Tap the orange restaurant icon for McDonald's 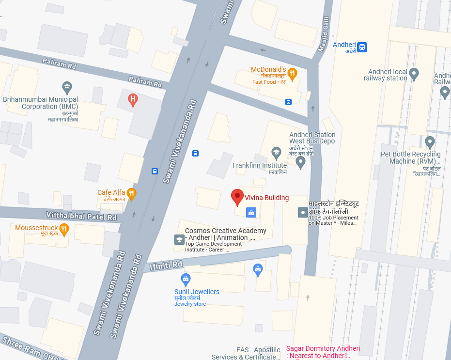[x=292, y=74]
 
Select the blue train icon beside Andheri [x=362, y=47]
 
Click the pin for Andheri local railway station [x=414, y=74]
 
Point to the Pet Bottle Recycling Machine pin [x=430, y=142]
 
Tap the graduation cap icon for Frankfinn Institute [x=276, y=153]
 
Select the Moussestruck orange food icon [x=64, y=229]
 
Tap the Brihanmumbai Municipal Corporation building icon [x=67, y=88]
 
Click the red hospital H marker [x=133, y=100]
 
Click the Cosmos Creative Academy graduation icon [x=179, y=239]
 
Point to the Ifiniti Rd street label [x=166, y=265]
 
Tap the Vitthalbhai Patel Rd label [x=81, y=216]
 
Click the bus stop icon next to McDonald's [x=289, y=102]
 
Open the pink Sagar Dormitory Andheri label [x=323, y=352]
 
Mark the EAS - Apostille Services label [x=246, y=353]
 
